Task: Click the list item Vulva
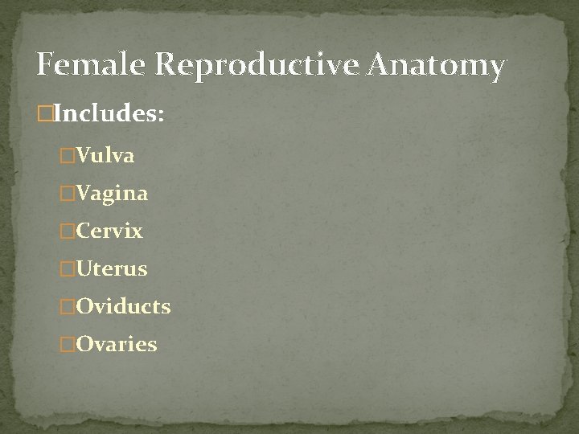click(x=105, y=155)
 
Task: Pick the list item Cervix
click(x=109, y=231)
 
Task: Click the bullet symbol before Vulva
click(x=68, y=156)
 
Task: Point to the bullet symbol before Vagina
click(x=68, y=194)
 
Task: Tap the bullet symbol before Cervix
click(x=68, y=231)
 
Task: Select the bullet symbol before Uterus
click(x=68, y=269)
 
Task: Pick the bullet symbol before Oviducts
click(x=68, y=307)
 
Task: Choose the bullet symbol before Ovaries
click(x=68, y=345)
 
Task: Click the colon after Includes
click(x=161, y=116)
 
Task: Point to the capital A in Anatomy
click(x=381, y=64)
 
